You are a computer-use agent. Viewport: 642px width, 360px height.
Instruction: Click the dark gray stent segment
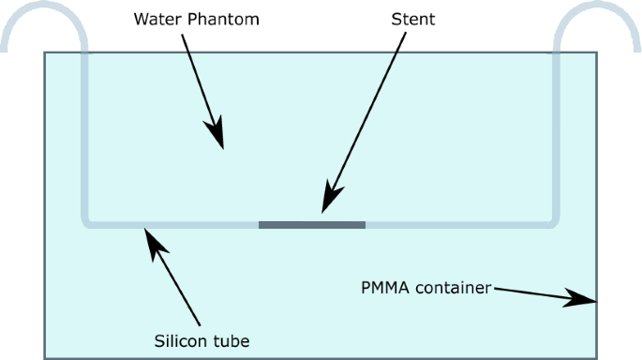point(311,224)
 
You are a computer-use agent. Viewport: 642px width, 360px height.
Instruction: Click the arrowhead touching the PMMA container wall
point(586,300)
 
